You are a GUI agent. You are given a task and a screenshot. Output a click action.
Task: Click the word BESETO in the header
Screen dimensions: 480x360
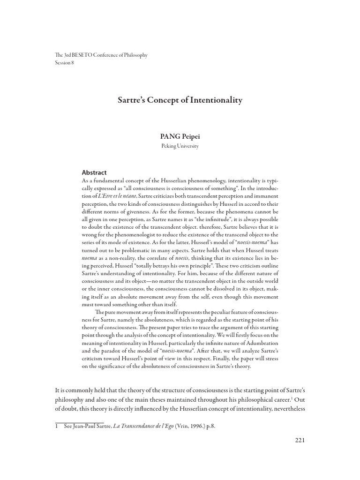pyautogui.click(x=77, y=55)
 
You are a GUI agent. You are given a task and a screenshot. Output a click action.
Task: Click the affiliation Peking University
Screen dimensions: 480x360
pyautogui.click(x=180, y=146)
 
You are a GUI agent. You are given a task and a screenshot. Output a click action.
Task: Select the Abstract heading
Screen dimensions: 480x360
pyautogui.click(x=94, y=172)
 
